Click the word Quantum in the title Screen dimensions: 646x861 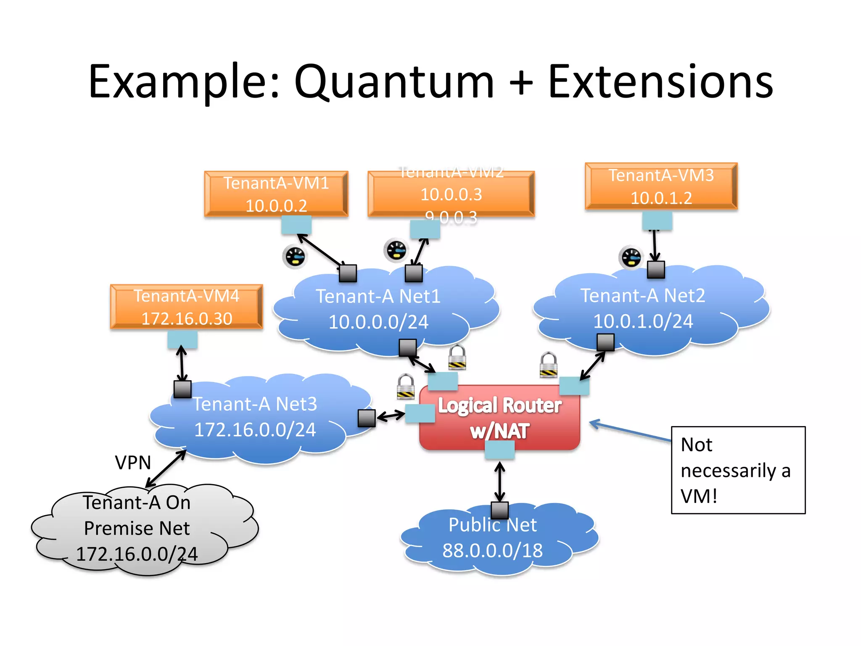tap(394, 82)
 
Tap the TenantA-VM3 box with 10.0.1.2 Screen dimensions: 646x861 tap(661, 186)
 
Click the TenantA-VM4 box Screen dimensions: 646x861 tap(186, 307)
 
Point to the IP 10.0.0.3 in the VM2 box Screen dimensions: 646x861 tap(451, 194)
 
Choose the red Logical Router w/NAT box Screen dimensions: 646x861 tap(499, 418)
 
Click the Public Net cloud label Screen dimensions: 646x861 tap(492, 525)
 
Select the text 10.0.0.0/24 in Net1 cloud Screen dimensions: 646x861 tap(378, 322)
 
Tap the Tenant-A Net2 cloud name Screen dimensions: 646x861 tap(642, 296)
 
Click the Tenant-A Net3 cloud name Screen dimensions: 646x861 tap(255, 404)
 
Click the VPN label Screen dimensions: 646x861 tap(133, 463)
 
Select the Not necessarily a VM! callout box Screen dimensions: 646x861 tap(738, 470)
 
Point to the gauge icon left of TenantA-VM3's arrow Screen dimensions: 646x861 tap(631, 257)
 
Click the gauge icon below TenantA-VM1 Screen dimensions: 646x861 tap(295, 256)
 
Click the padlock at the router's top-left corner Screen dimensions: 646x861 tap(406, 386)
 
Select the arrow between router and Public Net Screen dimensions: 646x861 tap(499, 482)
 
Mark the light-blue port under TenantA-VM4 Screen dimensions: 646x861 tap(182, 339)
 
